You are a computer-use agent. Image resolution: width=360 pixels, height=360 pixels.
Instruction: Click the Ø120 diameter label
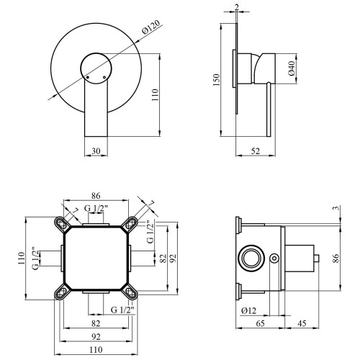tap(151, 28)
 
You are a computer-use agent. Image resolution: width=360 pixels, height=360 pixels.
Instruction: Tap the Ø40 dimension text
tap(291, 68)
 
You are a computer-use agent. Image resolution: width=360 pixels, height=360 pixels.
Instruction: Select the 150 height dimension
tap(216, 80)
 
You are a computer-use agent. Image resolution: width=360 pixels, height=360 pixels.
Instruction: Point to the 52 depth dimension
tap(256, 151)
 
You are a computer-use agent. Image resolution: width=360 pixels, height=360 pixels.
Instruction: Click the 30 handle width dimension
tap(96, 151)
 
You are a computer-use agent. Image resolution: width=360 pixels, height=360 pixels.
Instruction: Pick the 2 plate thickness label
tap(237, 7)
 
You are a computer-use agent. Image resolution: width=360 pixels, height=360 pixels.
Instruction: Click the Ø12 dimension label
tap(249, 311)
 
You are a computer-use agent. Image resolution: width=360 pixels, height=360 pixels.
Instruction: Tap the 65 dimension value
tap(260, 323)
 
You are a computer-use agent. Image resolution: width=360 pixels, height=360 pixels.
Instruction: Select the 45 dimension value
tap(302, 323)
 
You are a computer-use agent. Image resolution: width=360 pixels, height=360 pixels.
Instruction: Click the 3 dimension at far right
tap(337, 208)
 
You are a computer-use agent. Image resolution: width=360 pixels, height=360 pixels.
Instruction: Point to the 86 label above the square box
tap(96, 196)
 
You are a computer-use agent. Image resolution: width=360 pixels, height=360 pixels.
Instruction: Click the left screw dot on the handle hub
tap(88, 77)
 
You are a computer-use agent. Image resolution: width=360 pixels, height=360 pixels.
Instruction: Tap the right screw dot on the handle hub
tap(104, 77)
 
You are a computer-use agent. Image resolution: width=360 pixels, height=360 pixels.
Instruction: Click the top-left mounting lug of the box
tap(62, 224)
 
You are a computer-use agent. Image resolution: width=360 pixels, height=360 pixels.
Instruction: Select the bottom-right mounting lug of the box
tap(130, 292)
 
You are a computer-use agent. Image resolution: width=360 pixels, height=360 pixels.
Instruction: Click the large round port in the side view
tap(252, 258)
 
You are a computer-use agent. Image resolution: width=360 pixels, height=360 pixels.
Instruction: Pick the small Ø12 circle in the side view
tap(274, 258)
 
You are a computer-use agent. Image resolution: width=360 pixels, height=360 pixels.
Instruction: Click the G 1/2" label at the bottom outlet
tap(122, 310)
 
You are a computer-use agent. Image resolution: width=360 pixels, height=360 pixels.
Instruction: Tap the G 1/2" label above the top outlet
tap(96, 208)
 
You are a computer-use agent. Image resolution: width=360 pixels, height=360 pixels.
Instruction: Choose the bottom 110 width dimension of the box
tap(96, 350)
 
